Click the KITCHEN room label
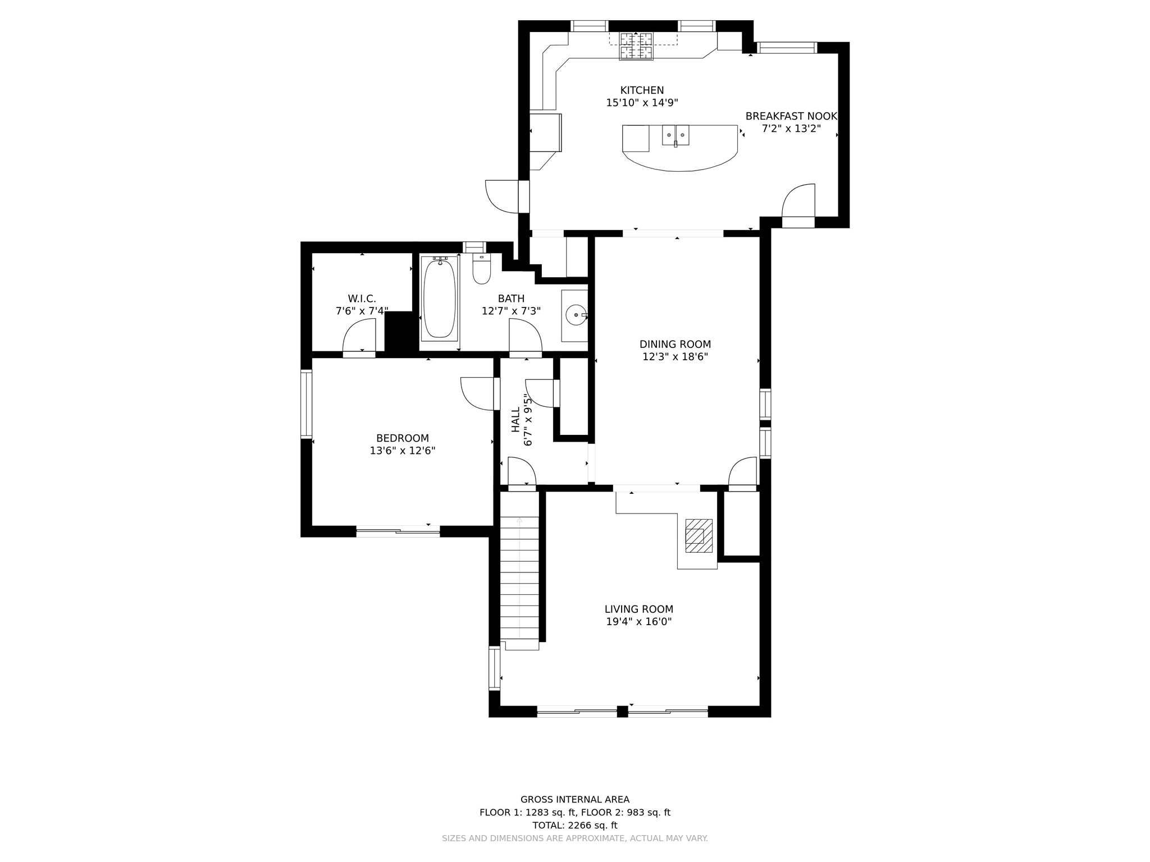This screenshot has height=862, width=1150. [642, 90]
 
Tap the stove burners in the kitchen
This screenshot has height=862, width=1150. [636, 46]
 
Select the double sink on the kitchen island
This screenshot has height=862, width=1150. [676, 135]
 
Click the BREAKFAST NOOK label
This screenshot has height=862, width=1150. [791, 116]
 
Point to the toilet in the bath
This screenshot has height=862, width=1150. [481, 269]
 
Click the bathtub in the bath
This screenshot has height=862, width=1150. [439, 298]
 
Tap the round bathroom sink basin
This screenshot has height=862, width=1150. [576, 315]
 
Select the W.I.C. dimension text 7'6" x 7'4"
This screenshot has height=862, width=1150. [362, 311]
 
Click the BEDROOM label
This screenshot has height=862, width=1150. [403, 438]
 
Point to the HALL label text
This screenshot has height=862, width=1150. [515, 419]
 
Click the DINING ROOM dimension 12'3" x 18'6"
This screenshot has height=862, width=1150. [675, 356]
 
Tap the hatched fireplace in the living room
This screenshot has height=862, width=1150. [699, 535]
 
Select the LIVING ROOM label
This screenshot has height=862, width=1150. [639, 609]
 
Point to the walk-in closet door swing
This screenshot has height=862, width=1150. [359, 336]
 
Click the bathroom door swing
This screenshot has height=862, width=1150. [526, 336]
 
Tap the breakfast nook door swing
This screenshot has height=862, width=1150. [798, 200]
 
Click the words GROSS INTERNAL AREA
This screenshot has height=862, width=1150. [574, 800]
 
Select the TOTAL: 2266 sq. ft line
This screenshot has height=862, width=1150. [574, 826]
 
